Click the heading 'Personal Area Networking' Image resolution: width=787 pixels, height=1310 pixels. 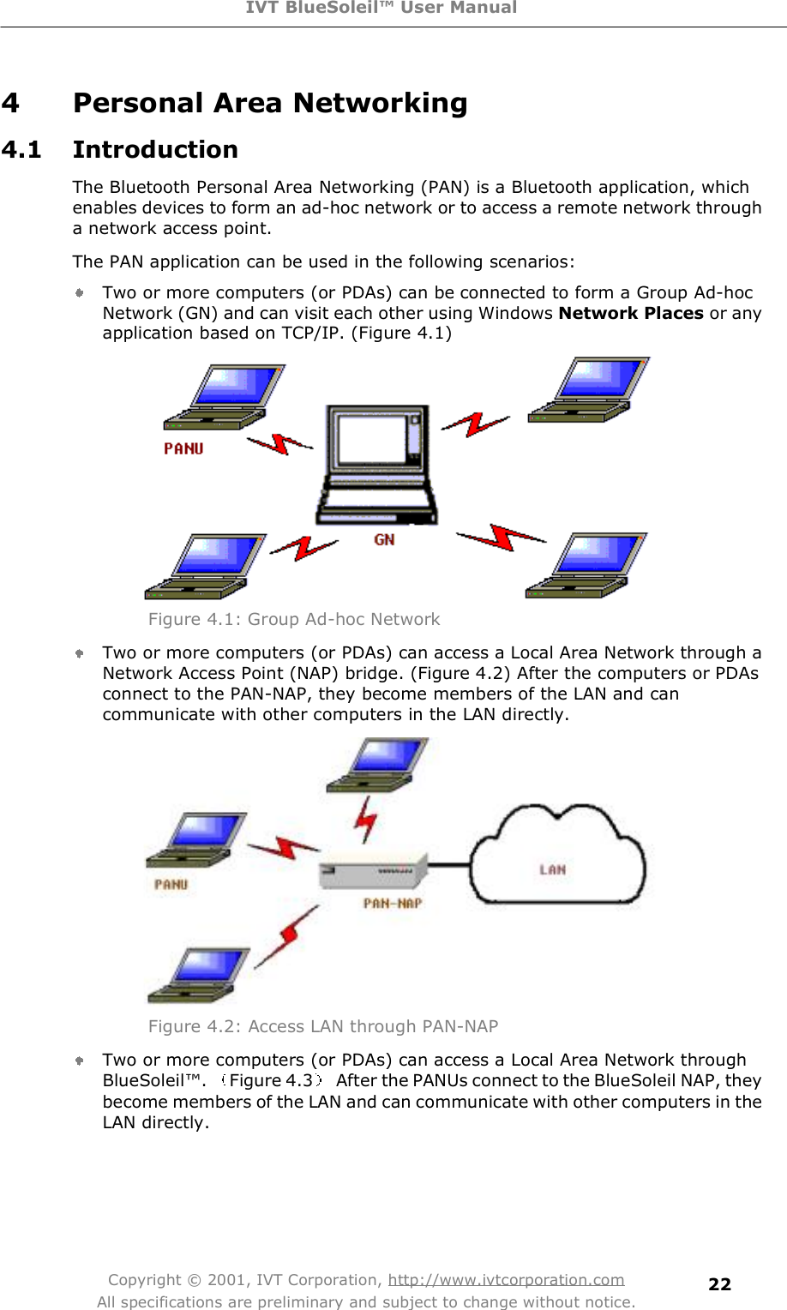(269, 103)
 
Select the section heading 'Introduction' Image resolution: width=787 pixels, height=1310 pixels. (155, 149)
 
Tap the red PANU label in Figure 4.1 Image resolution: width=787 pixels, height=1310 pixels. (183, 448)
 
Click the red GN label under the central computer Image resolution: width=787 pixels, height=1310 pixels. (384, 539)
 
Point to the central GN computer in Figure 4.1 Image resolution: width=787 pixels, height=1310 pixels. (377, 463)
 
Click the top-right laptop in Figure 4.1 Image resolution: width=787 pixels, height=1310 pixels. (590, 390)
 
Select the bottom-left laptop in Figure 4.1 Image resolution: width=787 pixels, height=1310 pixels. (206, 566)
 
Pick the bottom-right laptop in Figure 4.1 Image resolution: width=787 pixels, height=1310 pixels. (587, 565)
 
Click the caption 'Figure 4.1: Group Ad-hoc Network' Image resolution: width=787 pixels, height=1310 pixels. (294, 619)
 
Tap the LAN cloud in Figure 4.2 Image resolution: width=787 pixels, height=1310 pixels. (557, 857)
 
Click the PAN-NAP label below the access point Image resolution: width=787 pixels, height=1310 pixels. (393, 903)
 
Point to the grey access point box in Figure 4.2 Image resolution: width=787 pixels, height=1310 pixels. (374, 873)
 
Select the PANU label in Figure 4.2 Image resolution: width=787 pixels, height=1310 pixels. (171, 884)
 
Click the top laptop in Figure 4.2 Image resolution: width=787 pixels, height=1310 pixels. (377, 765)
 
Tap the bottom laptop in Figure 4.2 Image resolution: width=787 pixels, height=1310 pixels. (199, 975)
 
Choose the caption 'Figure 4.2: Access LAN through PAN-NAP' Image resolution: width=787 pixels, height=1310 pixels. (323, 1026)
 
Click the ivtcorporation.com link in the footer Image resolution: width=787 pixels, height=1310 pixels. (506, 1280)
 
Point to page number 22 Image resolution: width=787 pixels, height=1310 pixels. (719, 1283)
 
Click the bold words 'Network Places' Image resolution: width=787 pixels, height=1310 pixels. (631, 313)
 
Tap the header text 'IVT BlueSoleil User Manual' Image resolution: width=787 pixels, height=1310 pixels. (381, 8)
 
